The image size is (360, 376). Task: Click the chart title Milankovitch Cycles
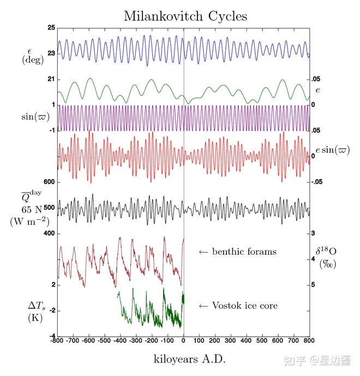click(x=185, y=16)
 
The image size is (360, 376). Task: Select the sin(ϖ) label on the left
click(x=33, y=117)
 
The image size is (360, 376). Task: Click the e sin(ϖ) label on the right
click(x=332, y=150)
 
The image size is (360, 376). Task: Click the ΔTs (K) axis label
click(x=36, y=311)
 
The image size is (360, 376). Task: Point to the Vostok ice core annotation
click(x=244, y=306)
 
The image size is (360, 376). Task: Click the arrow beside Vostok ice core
click(x=203, y=306)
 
